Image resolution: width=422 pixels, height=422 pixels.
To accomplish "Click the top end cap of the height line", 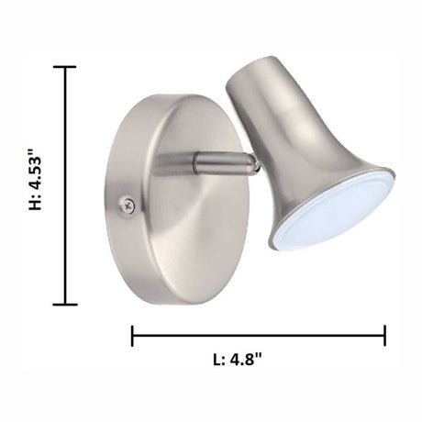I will pyautogui.click(x=65, y=67).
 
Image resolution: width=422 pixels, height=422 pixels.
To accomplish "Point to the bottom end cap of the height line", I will pyautogui.click(x=65, y=304).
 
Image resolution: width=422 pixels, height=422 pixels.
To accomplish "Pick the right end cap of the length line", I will pyautogui.click(x=384, y=336).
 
